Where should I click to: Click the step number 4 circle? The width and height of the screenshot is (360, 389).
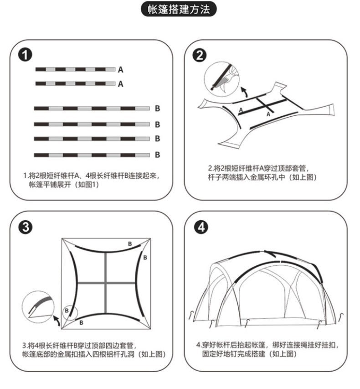[x=199, y=227]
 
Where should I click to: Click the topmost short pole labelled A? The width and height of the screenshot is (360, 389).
[x=75, y=69]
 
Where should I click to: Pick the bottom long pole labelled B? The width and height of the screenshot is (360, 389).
[x=92, y=155]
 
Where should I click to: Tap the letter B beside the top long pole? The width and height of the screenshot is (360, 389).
[x=157, y=109]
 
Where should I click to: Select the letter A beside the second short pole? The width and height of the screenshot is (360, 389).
[x=120, y=84]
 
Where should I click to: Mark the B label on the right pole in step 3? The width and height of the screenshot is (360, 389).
[x=145, y=258]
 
